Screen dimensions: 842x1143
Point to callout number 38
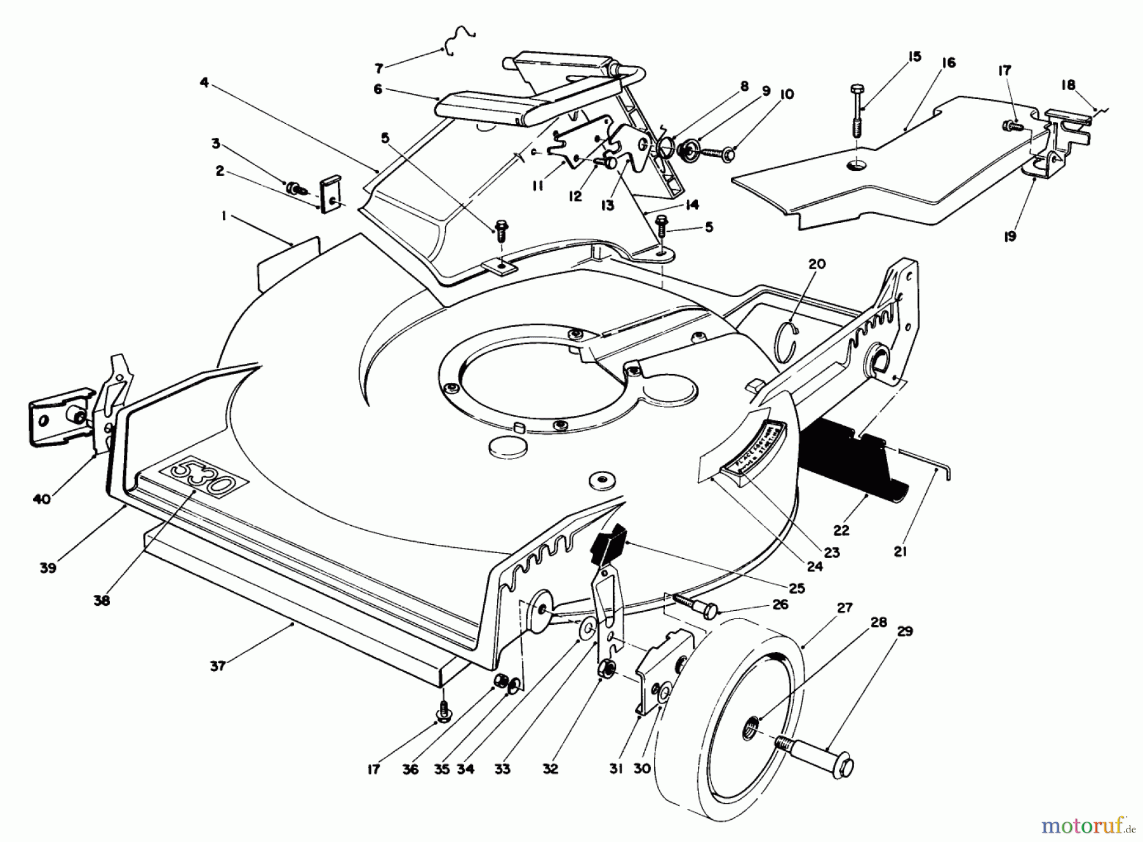pos(102,600)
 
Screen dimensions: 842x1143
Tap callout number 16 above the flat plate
pos(949,63)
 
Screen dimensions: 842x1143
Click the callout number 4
pos(204,83)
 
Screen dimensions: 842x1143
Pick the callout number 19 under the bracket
pos(1010,237)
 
